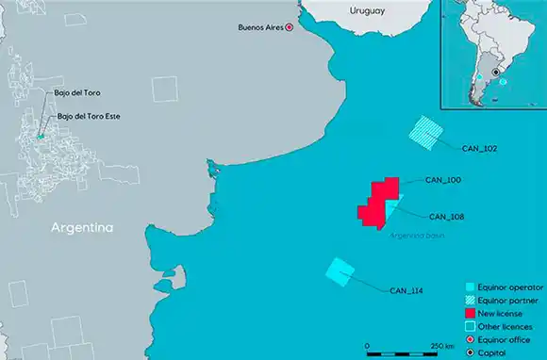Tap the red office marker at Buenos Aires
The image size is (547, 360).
click(x=290, y=29)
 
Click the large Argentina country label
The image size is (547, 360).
click(x=83, y=229)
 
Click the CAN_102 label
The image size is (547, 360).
click(x=479, y=148)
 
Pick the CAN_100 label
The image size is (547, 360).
click(x=443, y=179)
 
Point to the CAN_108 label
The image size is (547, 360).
click(x=446, y=217)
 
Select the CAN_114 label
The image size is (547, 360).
click(x=406, y=291)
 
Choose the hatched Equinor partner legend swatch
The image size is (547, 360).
click(x=471, y=299)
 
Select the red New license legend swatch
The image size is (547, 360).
click(x=471, y=312)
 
